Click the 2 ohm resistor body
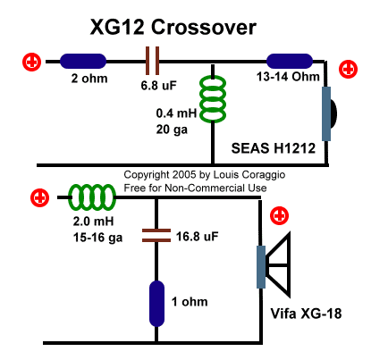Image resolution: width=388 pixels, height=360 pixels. (83, 61)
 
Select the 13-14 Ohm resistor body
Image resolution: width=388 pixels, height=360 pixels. (290, 61)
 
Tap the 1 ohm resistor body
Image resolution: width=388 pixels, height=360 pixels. (156, 304)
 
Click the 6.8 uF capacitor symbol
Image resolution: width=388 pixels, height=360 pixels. (152, 61)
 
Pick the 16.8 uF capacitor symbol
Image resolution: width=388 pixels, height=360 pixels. (156, 235)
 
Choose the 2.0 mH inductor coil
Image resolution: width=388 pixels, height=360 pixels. (92, 197)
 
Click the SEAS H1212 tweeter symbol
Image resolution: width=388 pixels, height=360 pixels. (329, 113)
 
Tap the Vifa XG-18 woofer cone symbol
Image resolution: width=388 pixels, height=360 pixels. (274, 264)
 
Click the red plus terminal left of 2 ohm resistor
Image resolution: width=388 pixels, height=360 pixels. (32, 62)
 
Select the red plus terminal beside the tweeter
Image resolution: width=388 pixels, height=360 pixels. (348, 69)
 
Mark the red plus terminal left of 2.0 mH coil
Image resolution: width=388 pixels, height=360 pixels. (40, 197)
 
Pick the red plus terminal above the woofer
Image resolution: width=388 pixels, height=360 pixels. (279, 215)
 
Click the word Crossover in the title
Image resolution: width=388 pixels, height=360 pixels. (204, 27)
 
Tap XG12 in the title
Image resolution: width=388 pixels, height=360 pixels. (117, 27)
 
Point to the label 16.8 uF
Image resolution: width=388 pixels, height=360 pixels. (197, 237)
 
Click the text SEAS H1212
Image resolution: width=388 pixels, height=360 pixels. (274, 148)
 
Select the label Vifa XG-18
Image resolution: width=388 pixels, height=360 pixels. (306, 314)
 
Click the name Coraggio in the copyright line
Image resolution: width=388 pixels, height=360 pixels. (264, 174)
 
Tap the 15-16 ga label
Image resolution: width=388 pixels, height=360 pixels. (97, 238)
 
